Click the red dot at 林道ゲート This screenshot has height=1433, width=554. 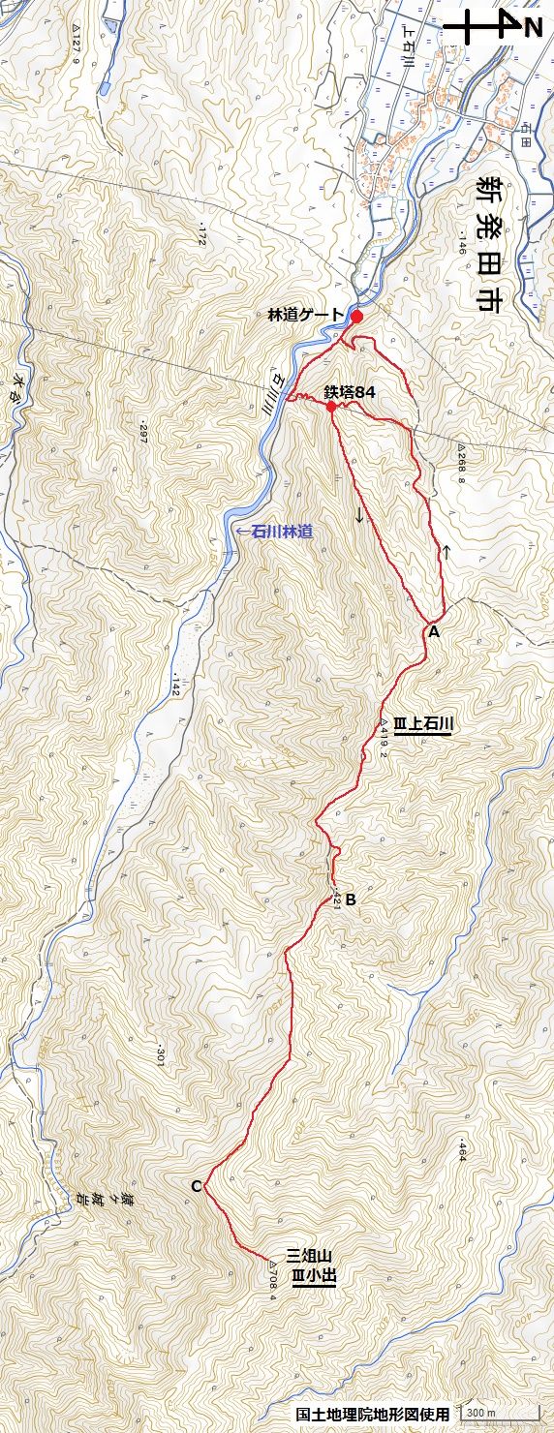click(356, 317)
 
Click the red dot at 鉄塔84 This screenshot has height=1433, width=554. click(331, 407)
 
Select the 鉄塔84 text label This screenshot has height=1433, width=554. click(350, 392)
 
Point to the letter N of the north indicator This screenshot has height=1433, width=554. click(533, 28)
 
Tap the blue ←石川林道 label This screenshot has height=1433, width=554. click(277, 531)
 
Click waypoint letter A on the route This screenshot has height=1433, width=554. click(433, 631)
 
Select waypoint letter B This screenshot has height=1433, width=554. click(351, 899)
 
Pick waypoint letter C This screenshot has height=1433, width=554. click(196, 1186)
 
